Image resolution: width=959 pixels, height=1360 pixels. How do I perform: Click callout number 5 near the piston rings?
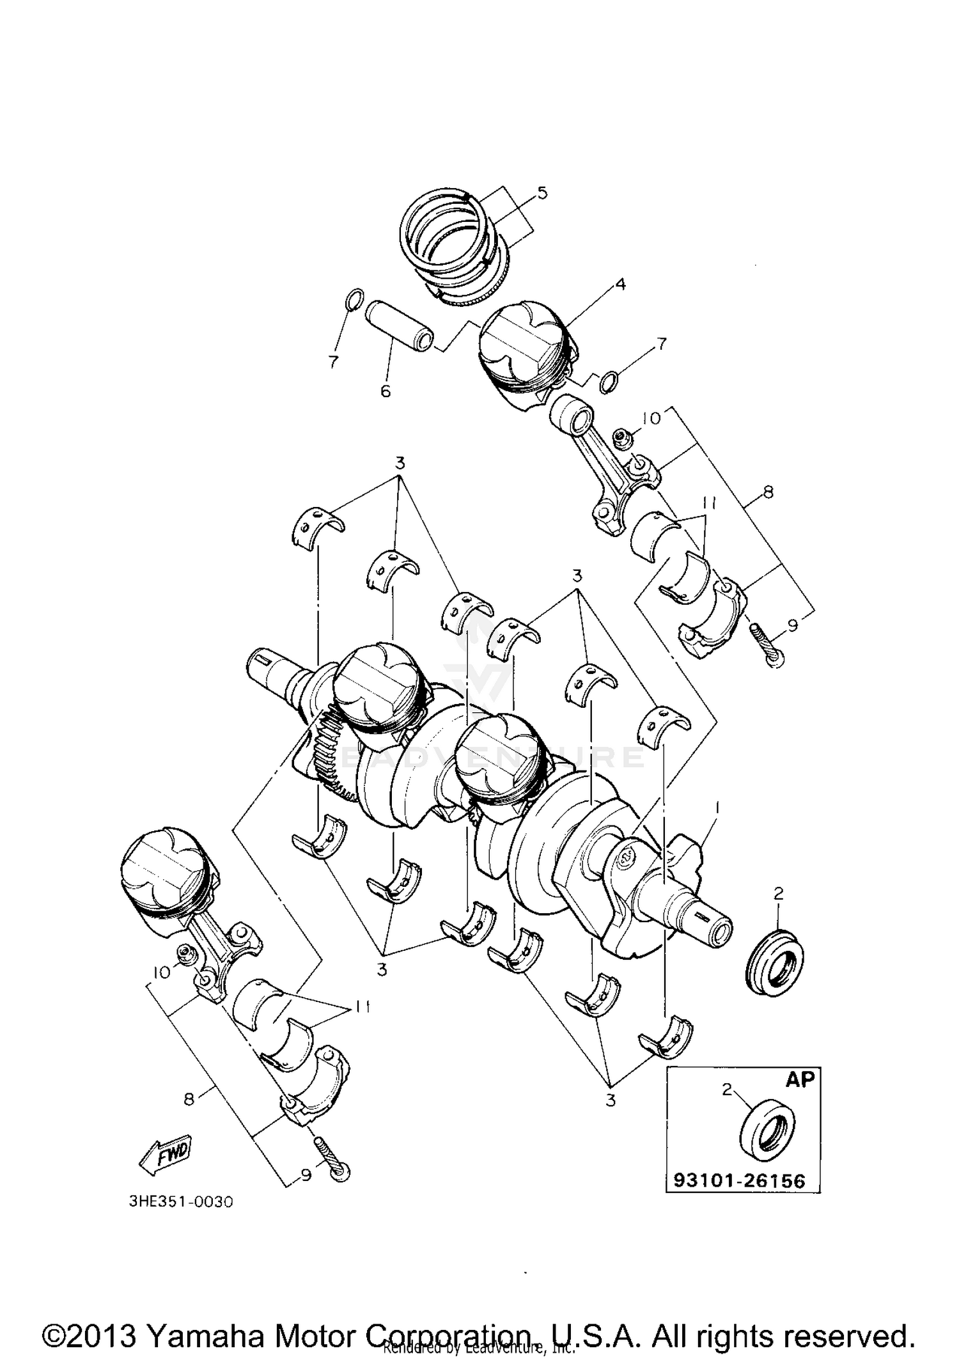(542, 192)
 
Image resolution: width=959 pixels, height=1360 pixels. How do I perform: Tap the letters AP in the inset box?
(799, 1079)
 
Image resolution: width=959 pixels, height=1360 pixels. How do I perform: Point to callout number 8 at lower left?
(189, 1099)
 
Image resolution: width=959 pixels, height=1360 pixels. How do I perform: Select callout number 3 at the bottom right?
(611, 1101)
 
